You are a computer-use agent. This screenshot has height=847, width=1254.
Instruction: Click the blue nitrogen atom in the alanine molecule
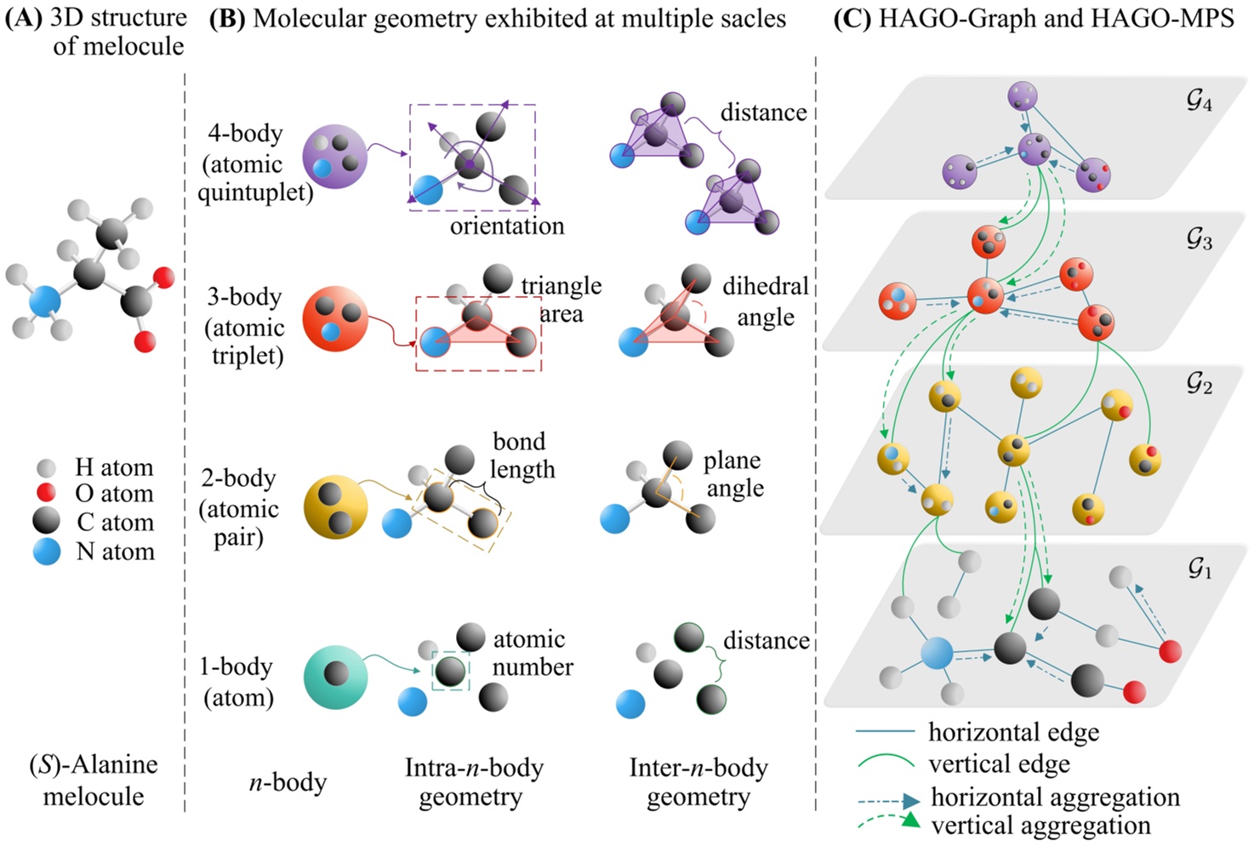44,302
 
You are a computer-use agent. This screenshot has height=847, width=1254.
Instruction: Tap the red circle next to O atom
46,492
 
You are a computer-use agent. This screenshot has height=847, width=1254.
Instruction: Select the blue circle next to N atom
46,552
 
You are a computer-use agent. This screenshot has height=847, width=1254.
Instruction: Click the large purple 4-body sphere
334,156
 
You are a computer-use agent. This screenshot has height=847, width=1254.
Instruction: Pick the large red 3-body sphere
335,318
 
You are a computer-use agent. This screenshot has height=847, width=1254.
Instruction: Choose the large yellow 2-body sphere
335,507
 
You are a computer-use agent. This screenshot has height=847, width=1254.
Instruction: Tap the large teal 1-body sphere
335,677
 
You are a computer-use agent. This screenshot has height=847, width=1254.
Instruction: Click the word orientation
507,226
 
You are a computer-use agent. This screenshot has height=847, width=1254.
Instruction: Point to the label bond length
521,455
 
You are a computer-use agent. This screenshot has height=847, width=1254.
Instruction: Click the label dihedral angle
765,301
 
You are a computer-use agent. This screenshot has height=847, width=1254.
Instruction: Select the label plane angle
733,474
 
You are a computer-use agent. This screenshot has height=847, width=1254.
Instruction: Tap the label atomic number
533,653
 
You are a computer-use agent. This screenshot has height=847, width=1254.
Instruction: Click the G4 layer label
1199,102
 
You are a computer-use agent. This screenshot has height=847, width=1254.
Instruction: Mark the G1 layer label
1200,569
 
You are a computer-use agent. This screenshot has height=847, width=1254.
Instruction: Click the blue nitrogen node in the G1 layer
936,654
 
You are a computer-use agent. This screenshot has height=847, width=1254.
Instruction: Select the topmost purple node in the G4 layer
1023,96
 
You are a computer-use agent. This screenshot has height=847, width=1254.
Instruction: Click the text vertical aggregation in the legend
1040,825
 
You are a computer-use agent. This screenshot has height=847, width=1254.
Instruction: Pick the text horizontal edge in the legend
1013,732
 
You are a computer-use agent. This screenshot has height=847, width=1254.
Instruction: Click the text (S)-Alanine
94,764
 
